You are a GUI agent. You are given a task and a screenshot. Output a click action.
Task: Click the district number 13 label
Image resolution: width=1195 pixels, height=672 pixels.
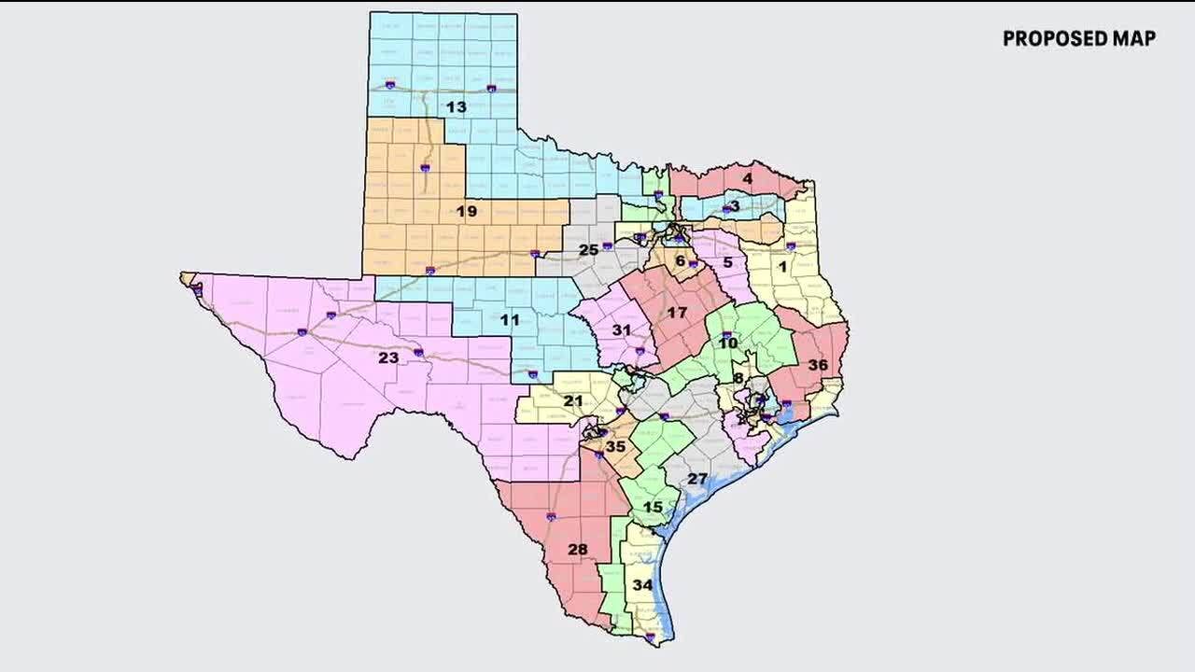tap(456, 107)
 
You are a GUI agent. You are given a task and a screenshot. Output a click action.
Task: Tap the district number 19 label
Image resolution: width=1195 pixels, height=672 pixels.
tap(466, 212)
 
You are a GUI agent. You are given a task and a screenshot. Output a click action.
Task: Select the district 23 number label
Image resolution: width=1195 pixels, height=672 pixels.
tap(388, 357)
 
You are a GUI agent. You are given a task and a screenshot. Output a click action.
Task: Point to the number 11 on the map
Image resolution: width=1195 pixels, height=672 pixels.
tap(510, 320)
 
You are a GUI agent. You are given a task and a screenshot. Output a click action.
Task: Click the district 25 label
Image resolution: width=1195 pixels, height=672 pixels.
tap(588, 250)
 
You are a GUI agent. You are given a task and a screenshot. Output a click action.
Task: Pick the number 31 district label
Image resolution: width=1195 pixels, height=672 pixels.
tap(622, 330)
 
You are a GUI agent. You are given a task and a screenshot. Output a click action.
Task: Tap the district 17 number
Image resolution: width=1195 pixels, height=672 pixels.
tap(677, 313)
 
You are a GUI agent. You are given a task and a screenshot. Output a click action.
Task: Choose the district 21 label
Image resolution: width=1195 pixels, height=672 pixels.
tap(573, 401)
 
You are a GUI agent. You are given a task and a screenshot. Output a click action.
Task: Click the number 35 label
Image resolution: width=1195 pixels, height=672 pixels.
tap(615, 447)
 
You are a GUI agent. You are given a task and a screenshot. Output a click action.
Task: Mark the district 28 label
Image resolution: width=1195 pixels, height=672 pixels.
tap(578, 549)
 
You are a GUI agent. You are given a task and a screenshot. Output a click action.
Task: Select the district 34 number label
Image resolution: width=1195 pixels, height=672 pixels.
tap(642, 585)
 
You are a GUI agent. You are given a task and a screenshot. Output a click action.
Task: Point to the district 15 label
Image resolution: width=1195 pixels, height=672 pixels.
tap(653, 507)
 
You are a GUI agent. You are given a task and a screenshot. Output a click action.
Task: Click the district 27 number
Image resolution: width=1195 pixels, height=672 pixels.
tap(697, 479)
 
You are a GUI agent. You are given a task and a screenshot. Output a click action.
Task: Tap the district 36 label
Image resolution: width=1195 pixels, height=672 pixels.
tap(818, 365)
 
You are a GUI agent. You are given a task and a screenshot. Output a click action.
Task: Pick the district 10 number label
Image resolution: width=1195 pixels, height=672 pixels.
tap(728, 343)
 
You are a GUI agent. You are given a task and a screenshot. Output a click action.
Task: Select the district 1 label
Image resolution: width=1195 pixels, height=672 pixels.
tap(783, 266)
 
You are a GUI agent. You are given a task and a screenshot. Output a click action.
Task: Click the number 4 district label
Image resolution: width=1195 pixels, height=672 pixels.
tap(748, 178)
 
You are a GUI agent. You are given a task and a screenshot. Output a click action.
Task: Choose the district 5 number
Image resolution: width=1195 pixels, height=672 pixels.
tap(728, 263)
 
